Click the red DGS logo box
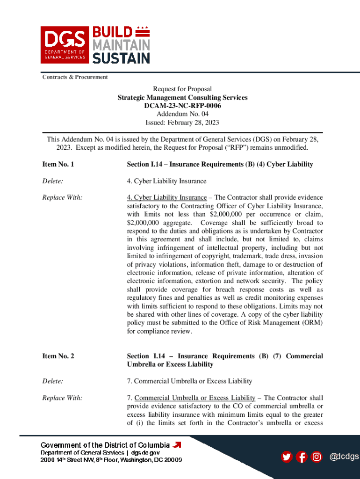coord(65,44)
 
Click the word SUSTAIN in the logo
coord(121,58)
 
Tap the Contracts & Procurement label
coord(75,77)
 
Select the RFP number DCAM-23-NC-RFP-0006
coord(182,106)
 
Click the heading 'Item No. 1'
coord(58,165)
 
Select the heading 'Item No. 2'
coord(58,356)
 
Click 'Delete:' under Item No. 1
coord(53,181)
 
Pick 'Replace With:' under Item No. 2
coord(63,398)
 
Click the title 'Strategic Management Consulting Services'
coord(182,98)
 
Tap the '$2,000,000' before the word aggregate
coord(144,223)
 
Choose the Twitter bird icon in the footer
coord(287,457)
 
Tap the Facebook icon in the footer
coord(302,457)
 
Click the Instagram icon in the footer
coord(317,457)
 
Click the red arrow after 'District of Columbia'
coord(177,444)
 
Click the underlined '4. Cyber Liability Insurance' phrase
coord(167,197)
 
